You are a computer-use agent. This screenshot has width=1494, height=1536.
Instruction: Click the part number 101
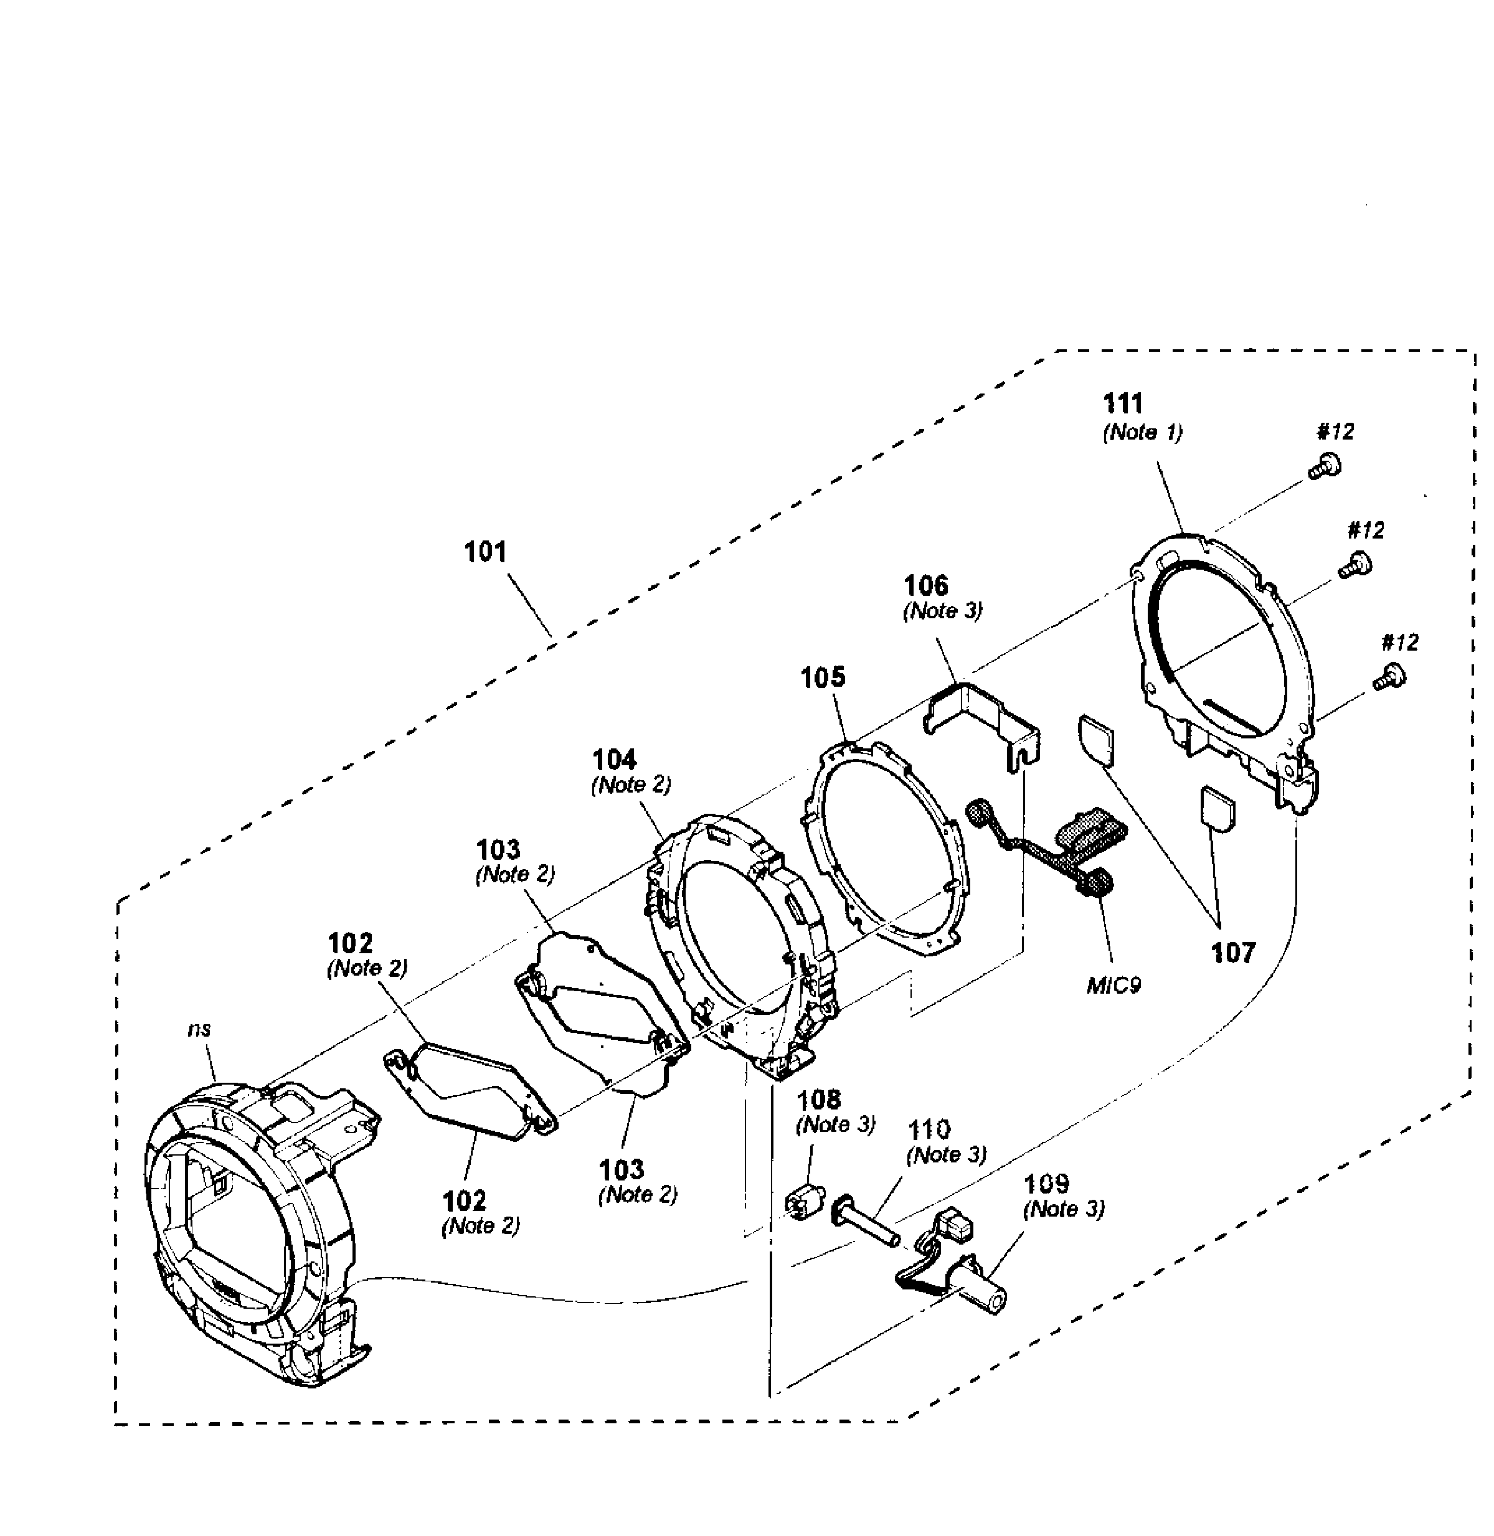[x=486, y=552]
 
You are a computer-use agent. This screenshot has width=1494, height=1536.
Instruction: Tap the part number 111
[x=1123, y=404]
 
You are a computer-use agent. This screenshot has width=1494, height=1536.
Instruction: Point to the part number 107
[x=1234, y=953]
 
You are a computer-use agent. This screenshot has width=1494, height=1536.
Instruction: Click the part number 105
[x=822, y=677]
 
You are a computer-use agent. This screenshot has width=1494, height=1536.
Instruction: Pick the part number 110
[x=929, y=1129]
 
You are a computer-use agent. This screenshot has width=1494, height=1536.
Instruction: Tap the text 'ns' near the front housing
[x=199, y=1029]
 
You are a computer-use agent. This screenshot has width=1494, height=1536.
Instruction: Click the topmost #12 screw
[x=1325, y=466]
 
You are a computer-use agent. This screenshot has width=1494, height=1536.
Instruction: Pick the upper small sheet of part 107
[x=1097, y=737]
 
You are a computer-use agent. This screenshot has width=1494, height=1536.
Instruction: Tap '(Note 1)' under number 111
[x=1143, y=432]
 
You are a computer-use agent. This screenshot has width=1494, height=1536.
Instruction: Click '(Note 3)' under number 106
[x=942, y=611]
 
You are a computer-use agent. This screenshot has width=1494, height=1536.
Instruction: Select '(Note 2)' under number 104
[x=631, y=785]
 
